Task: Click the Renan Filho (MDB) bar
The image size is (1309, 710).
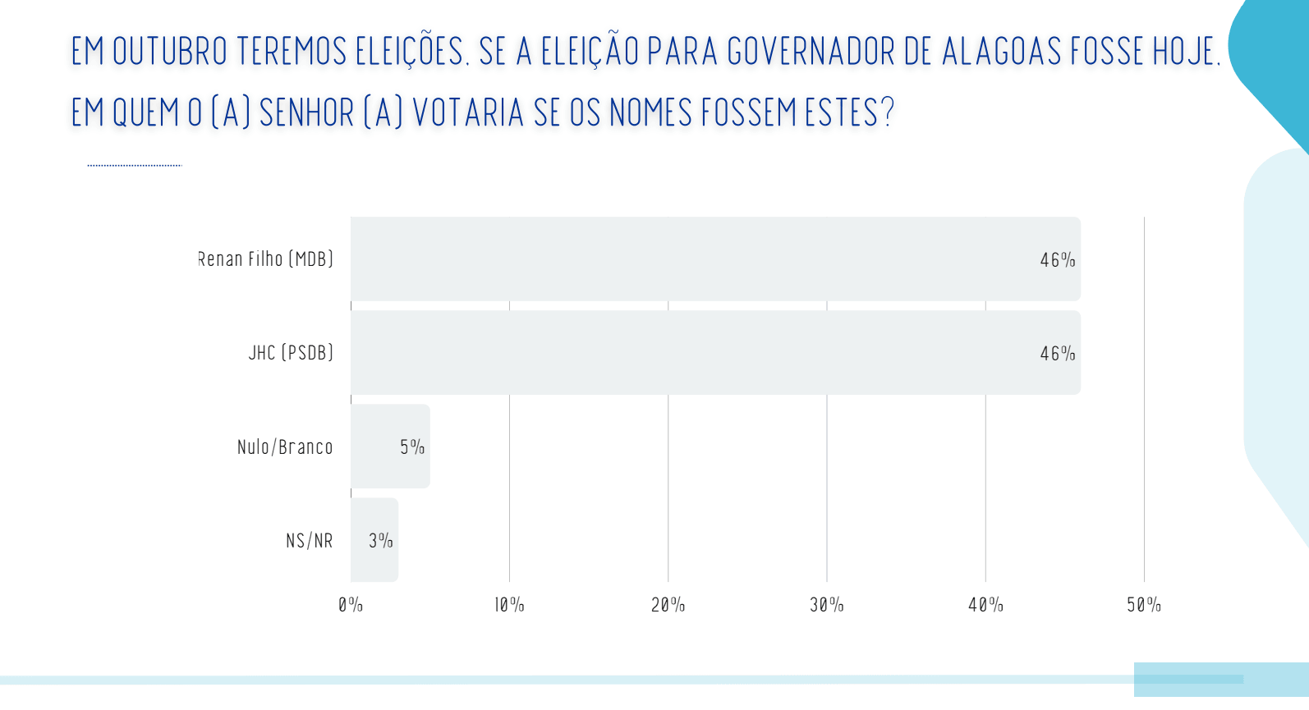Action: point(715,259)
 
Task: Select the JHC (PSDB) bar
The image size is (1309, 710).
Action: point(715,353)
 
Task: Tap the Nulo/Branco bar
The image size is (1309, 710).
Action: point(390,446)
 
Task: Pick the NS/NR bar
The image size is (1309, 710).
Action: point(374,540)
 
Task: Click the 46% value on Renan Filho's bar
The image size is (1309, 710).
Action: point(1058,260)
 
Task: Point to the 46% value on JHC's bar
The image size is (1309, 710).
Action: point(1058,353)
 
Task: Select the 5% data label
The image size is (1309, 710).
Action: point(412,447)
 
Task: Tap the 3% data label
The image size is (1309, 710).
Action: point(380,541)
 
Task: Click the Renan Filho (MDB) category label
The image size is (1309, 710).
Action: point(266,259)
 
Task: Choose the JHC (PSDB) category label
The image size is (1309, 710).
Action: point(291,353)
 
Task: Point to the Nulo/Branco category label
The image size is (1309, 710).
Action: point(285,447)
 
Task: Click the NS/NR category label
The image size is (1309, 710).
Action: point(310,541)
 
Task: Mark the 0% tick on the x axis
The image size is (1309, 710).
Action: point(351,605)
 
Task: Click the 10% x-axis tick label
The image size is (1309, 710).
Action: point(510,605)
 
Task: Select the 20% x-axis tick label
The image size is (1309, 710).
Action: point(668,605)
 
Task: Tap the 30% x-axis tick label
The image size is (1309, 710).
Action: point(827,605)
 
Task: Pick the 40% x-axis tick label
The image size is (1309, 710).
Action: point(985,605)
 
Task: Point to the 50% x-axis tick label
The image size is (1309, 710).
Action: point(1144,605)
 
